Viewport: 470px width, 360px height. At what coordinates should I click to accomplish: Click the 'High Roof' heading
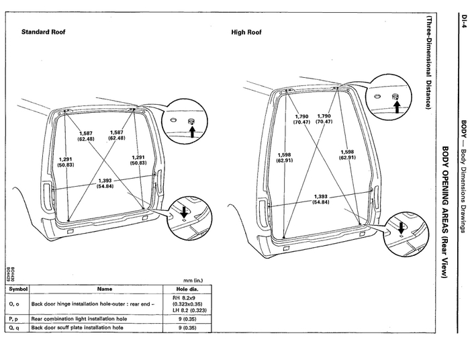point(246,32)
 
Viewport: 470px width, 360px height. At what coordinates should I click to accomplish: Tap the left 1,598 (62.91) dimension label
point(284,158)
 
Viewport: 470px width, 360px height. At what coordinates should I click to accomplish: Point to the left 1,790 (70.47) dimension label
point(301,119)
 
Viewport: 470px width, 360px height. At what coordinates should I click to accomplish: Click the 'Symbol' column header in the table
point(17,288)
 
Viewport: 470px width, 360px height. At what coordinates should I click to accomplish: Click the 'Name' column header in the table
point(105,288)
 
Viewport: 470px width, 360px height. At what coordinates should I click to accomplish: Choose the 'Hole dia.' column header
point(183,288)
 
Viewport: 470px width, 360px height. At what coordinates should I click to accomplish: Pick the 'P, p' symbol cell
point(14,318)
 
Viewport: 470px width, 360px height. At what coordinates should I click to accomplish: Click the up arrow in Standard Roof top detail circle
point(191,132)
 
